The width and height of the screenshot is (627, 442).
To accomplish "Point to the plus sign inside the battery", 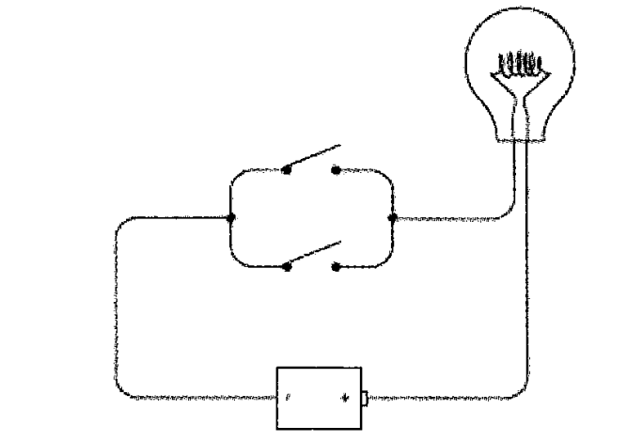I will pyautogui.click(x=346, y=399).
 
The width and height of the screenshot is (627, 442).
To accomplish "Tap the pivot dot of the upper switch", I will pyautogui.click(x=288, y=170).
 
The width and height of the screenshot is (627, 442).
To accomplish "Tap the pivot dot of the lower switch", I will pyautogui.click(x=288, y=267).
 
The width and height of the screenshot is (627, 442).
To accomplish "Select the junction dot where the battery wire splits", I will pyautogui.click(x=230, y=218).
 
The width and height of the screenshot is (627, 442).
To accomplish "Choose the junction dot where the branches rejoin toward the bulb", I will pyautogui.click(x=392, y=218).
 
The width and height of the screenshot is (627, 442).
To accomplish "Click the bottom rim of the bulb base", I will pyautogui.click(x=522, y=138).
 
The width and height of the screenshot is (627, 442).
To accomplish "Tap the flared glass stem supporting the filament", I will pyautogui.click(x=522, y=99).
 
